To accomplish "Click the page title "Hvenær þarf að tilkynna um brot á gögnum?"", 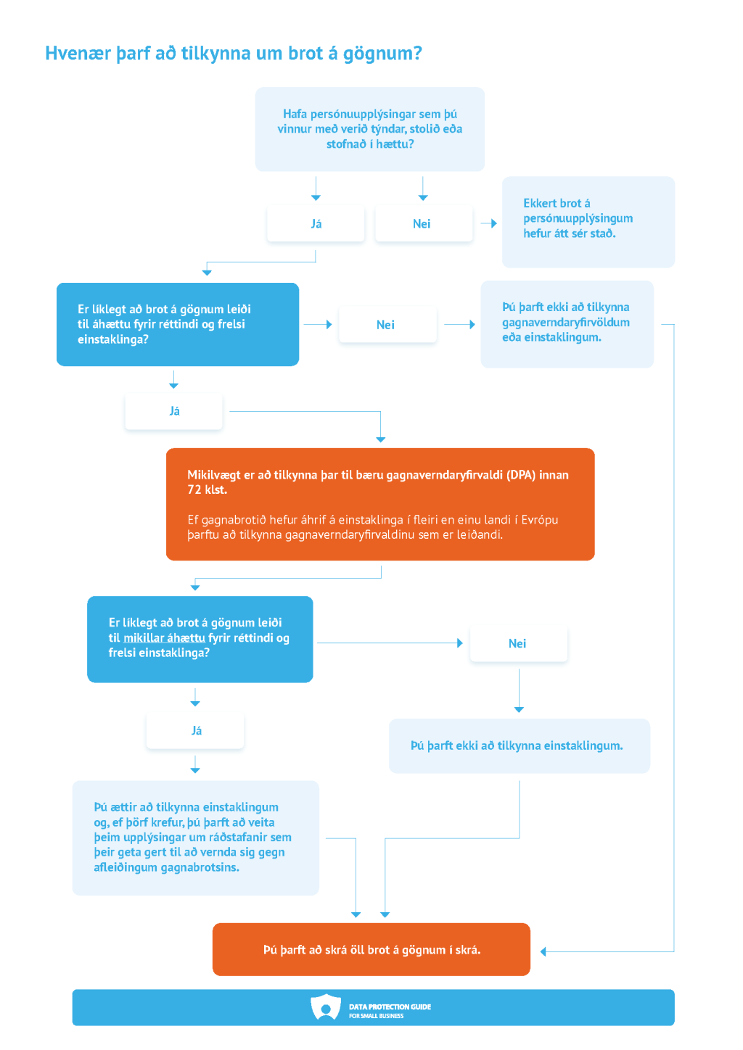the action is pos(233,54).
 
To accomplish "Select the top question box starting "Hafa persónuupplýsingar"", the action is pos(369,129).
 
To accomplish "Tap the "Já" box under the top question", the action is pos(316,223).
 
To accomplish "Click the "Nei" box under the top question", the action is pos(424,223).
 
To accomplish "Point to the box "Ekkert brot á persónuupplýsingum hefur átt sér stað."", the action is pos(588,222).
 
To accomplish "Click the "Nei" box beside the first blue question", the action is pos(387,324).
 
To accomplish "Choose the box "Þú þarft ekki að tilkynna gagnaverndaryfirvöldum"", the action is pos(567,324).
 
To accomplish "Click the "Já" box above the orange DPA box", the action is pos(173,411).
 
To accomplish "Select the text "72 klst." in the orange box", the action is pos(208,490).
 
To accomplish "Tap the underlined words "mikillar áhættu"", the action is pos(164,638).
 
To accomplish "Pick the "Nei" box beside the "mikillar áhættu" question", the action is pos(518,643).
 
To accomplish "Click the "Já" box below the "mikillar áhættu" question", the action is pos(195,730).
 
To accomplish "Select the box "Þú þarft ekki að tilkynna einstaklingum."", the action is pos(520,745).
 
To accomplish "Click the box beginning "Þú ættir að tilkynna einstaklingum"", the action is pos(196,838).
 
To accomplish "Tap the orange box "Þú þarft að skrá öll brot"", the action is pos(371,949).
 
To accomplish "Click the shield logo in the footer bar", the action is pos(326,1007).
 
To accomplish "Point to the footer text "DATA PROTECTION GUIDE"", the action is pos(390,1006).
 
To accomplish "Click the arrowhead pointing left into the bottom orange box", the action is pos(543,951).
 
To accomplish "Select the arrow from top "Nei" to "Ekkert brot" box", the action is pos(488,223).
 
